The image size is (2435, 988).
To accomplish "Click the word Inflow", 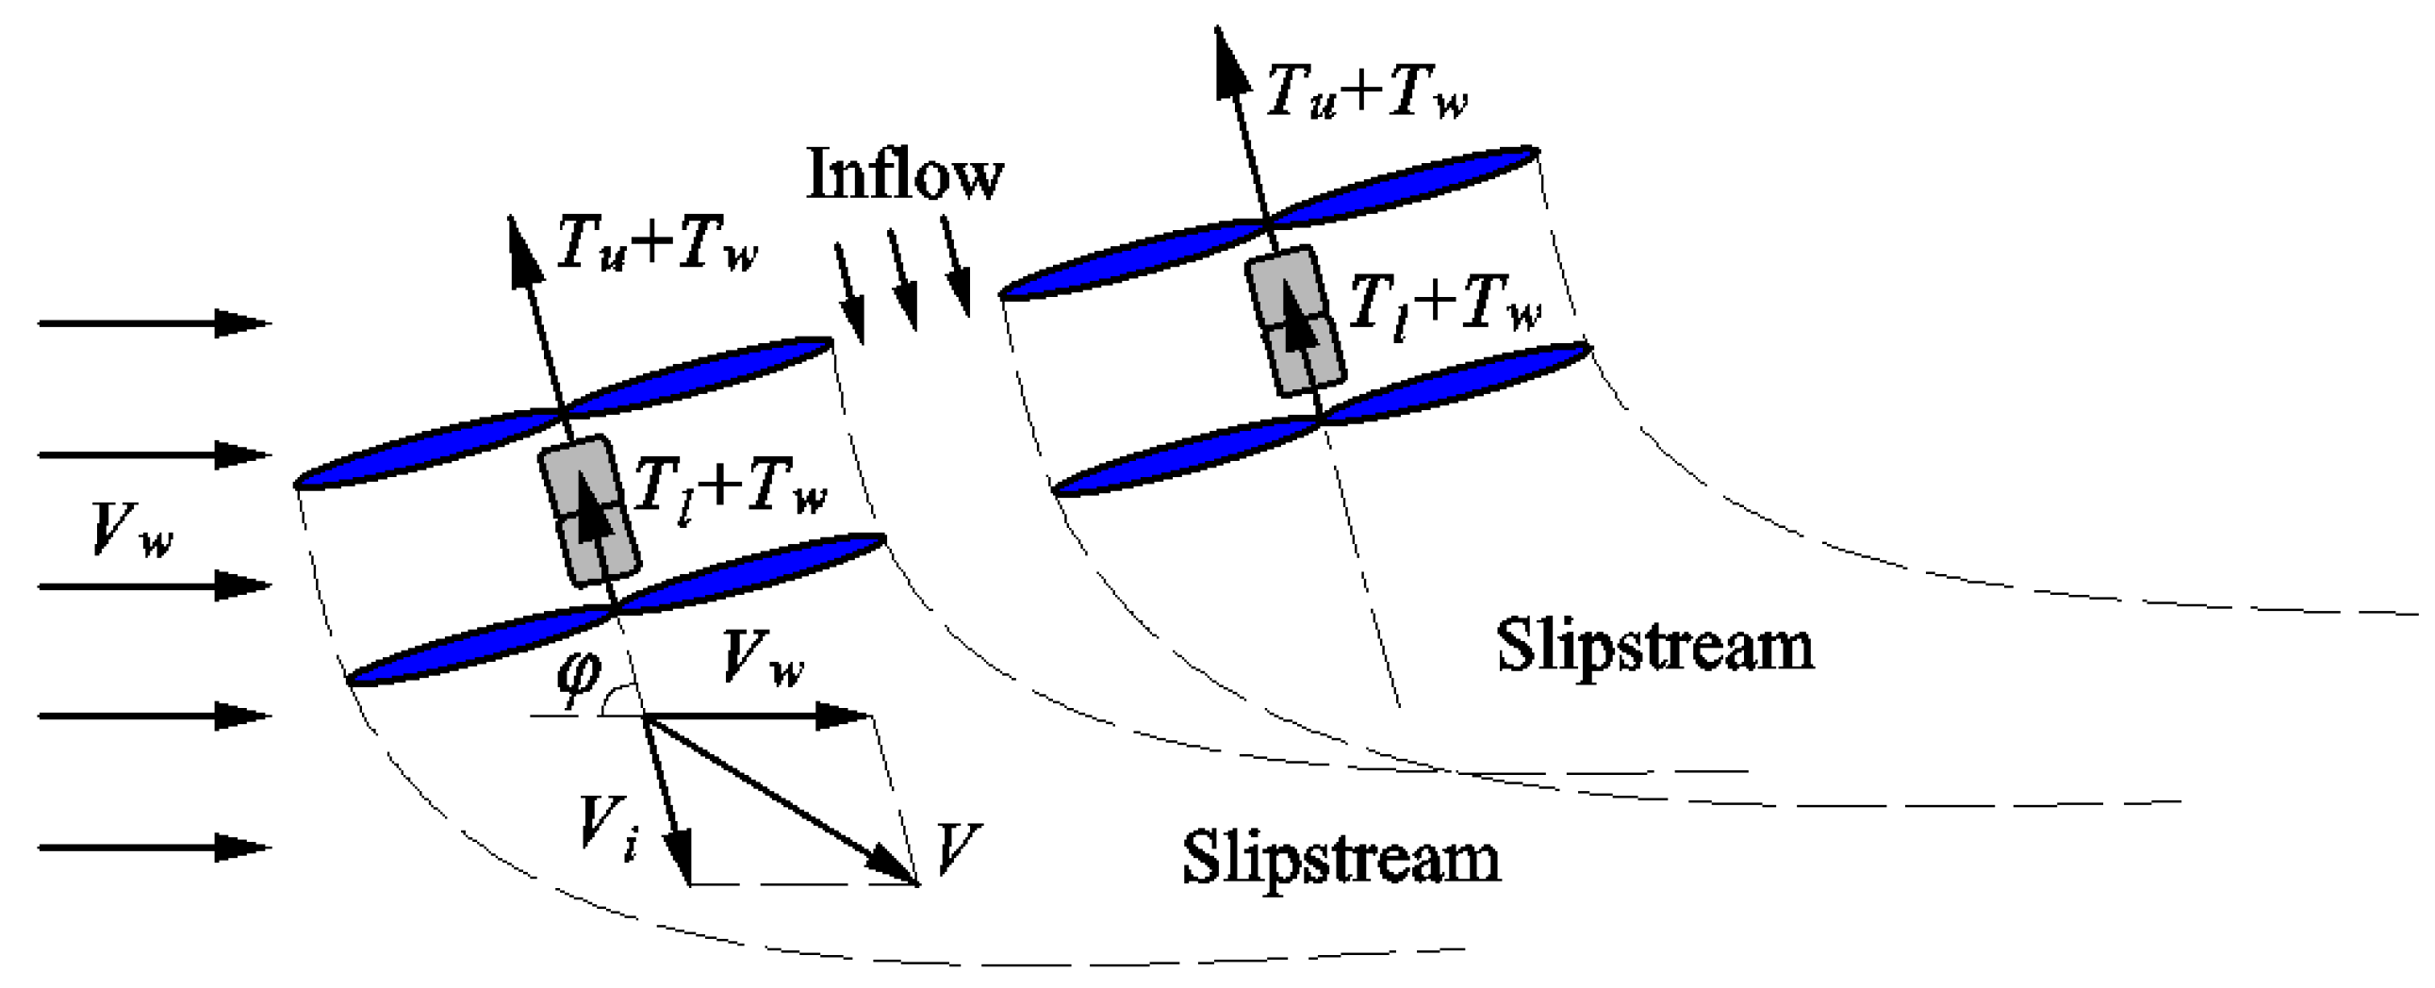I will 905,174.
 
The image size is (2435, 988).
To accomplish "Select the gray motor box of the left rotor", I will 589,511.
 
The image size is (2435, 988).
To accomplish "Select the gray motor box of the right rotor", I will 1295,321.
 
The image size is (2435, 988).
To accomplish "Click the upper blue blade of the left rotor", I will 565,413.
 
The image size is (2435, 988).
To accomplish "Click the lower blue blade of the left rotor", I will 617,610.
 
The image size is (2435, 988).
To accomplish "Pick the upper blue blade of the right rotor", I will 1269,223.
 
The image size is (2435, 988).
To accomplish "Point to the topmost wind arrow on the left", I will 154,323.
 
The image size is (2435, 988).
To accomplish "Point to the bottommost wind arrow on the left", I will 154,848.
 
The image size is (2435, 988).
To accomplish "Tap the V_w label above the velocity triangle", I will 762,658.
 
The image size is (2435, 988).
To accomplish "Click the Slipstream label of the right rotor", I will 1654,647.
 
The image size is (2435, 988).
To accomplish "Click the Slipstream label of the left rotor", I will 1341,859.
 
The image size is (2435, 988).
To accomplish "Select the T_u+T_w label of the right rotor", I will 1367,92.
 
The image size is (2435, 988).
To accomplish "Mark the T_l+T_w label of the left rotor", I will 730,487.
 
